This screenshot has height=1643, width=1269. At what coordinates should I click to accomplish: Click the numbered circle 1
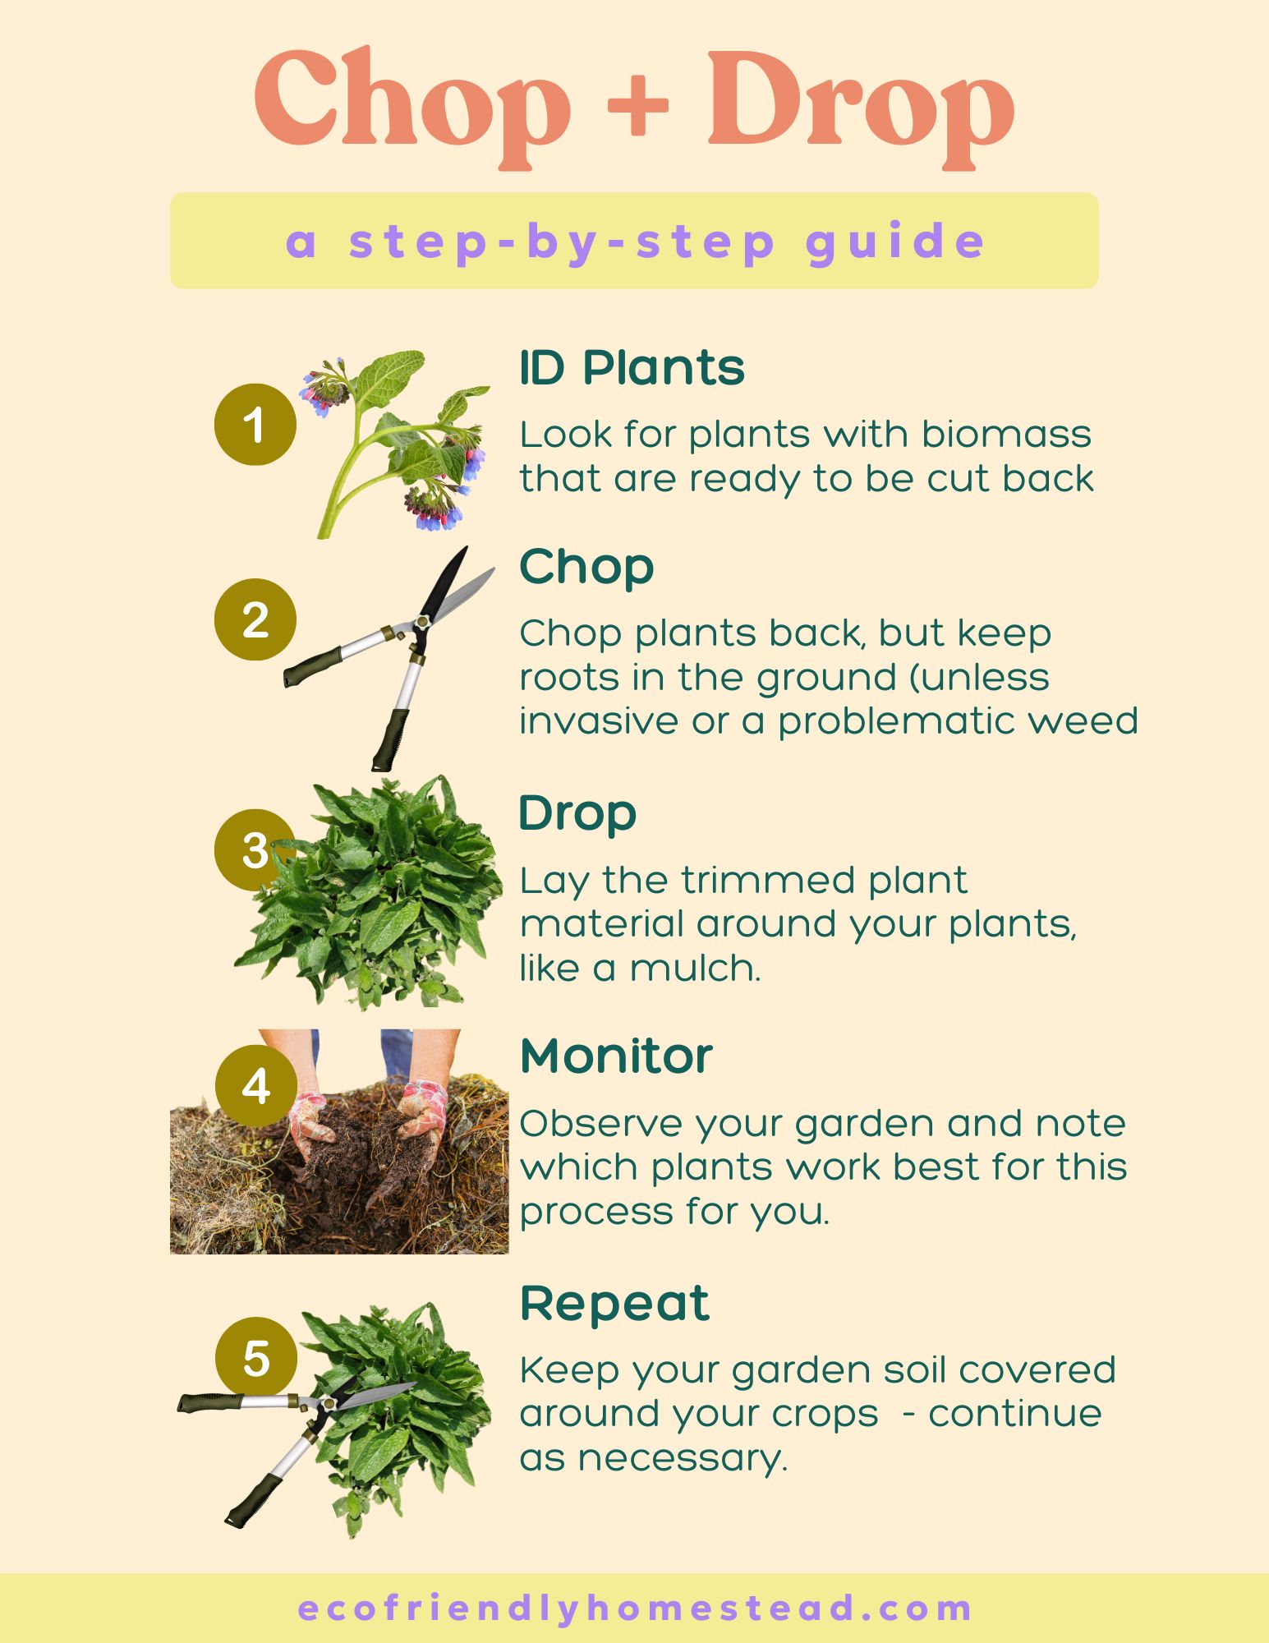coord(255,425)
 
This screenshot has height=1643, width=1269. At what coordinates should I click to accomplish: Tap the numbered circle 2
coord(255,619)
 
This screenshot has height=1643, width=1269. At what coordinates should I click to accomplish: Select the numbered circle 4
coord(255,1086)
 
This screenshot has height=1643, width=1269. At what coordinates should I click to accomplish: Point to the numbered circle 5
coord(255,1357)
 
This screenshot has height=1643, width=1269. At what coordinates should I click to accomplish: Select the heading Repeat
coord(614,1303)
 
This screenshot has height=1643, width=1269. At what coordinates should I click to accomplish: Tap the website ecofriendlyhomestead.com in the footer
coord(634,1608)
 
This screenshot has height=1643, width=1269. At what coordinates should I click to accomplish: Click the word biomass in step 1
coord(1006,435)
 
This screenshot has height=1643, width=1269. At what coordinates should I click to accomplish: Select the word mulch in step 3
coord(695,968)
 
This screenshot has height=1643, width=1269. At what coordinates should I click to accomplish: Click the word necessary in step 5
coord(682,1458)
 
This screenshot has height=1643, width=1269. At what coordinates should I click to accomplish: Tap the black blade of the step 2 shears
coord(444,583)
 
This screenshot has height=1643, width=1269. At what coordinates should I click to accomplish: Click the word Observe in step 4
coord(600,1123)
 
